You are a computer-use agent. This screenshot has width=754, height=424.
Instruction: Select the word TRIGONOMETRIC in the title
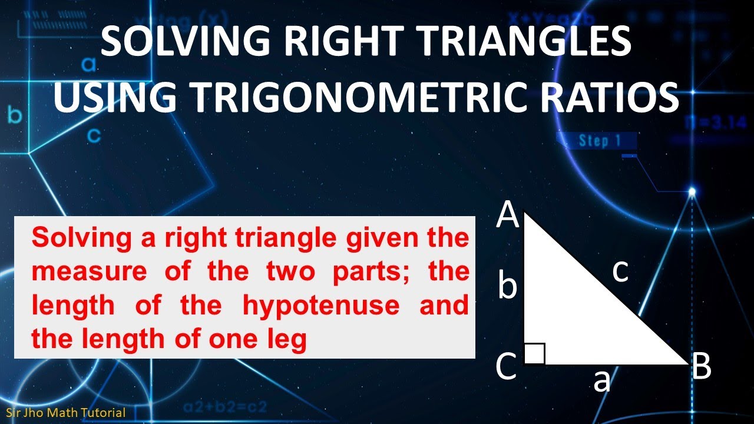click(x=366, y=98)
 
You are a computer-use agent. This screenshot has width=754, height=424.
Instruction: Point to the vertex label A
click(x=508, y=215)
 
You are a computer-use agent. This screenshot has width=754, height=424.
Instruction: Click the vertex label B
click(x=701, y=367)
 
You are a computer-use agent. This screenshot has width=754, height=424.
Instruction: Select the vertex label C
click(x=507, y=367)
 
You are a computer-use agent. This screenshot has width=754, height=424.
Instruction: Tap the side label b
click(x=508, y=287)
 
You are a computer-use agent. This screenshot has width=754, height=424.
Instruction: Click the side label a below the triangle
click(x=601, y=381)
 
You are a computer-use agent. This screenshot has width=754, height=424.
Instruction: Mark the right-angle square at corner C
click(x=534, y=354)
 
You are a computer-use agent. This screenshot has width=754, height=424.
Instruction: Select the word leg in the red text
click(x=289, y=340)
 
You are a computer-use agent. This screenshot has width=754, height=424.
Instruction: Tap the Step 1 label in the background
click(x=600, y=141)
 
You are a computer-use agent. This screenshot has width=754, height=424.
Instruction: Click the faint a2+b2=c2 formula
click(x=224, y=406)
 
